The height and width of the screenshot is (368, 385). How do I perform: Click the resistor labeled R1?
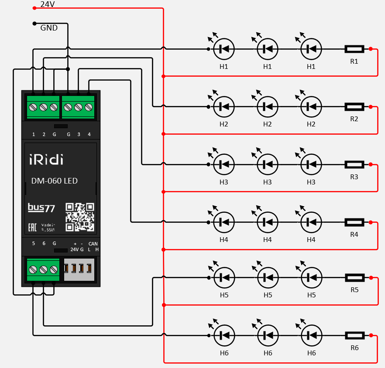point(354,49)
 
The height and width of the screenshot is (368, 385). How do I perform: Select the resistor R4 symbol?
point(354,222)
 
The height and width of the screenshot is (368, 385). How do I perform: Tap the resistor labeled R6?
point(354,335)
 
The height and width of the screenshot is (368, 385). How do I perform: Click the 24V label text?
point(47,4)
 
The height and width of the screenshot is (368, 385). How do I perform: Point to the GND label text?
point(49,28)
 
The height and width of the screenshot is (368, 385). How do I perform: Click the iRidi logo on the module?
point(46,160)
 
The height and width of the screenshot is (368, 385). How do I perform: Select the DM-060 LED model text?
point(55,181)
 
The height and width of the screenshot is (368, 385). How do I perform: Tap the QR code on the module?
point(80,217)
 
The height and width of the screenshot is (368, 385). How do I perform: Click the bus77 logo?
point(41,208)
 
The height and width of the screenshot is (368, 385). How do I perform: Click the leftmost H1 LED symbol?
point(223,49)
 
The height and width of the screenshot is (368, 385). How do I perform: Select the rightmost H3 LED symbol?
point(311,164)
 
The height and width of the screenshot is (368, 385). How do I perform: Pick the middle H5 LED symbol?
point(268,277)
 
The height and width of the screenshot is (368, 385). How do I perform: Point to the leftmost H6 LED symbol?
point(224,335)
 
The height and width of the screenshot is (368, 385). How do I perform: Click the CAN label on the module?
point(93,244)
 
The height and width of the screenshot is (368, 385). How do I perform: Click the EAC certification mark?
point(32,227)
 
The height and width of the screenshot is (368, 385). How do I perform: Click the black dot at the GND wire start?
point(34,23)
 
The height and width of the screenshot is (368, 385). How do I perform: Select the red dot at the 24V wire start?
point(34,8)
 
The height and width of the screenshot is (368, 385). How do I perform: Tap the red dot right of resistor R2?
point(371,107)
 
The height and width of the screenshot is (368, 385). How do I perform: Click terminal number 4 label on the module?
point(89,134)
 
